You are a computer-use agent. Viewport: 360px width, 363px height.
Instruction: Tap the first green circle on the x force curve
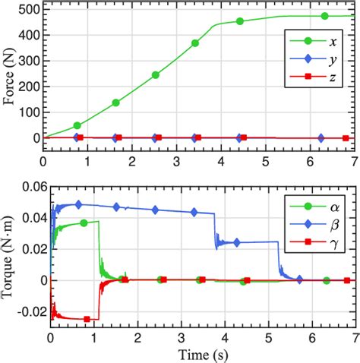pos(77,125)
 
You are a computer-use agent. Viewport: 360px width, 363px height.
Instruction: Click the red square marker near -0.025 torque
pos(87,318)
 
